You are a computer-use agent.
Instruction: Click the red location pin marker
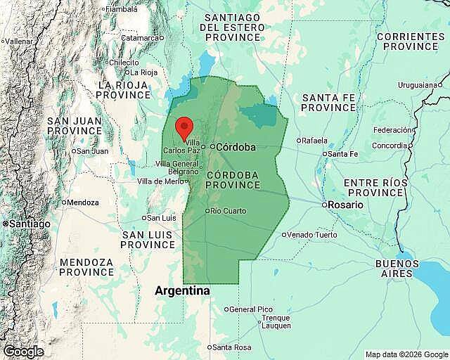[184, 128]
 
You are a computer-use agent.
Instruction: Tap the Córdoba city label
[236, 148]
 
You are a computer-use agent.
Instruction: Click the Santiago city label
[28, 224]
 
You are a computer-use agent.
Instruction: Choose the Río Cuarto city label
[229, 211]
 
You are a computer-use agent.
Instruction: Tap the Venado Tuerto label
[313, 235]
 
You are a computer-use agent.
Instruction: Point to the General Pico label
[251, 309]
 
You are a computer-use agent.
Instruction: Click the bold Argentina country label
[182, 290]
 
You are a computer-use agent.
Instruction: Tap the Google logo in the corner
[22, 352]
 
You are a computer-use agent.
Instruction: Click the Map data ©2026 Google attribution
[406, 354]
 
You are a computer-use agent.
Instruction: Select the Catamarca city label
[141, 38]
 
